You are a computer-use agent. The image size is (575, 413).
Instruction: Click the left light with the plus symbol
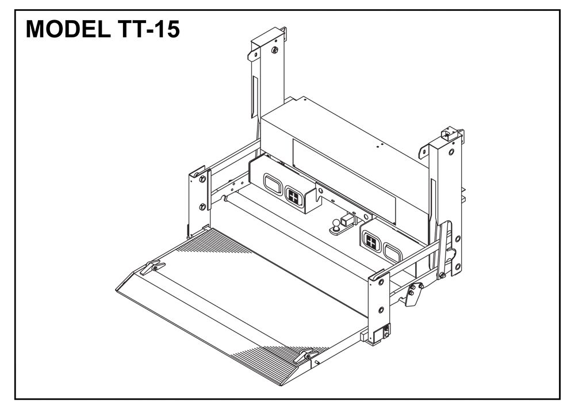pyautogui.click(x=294, y=197)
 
